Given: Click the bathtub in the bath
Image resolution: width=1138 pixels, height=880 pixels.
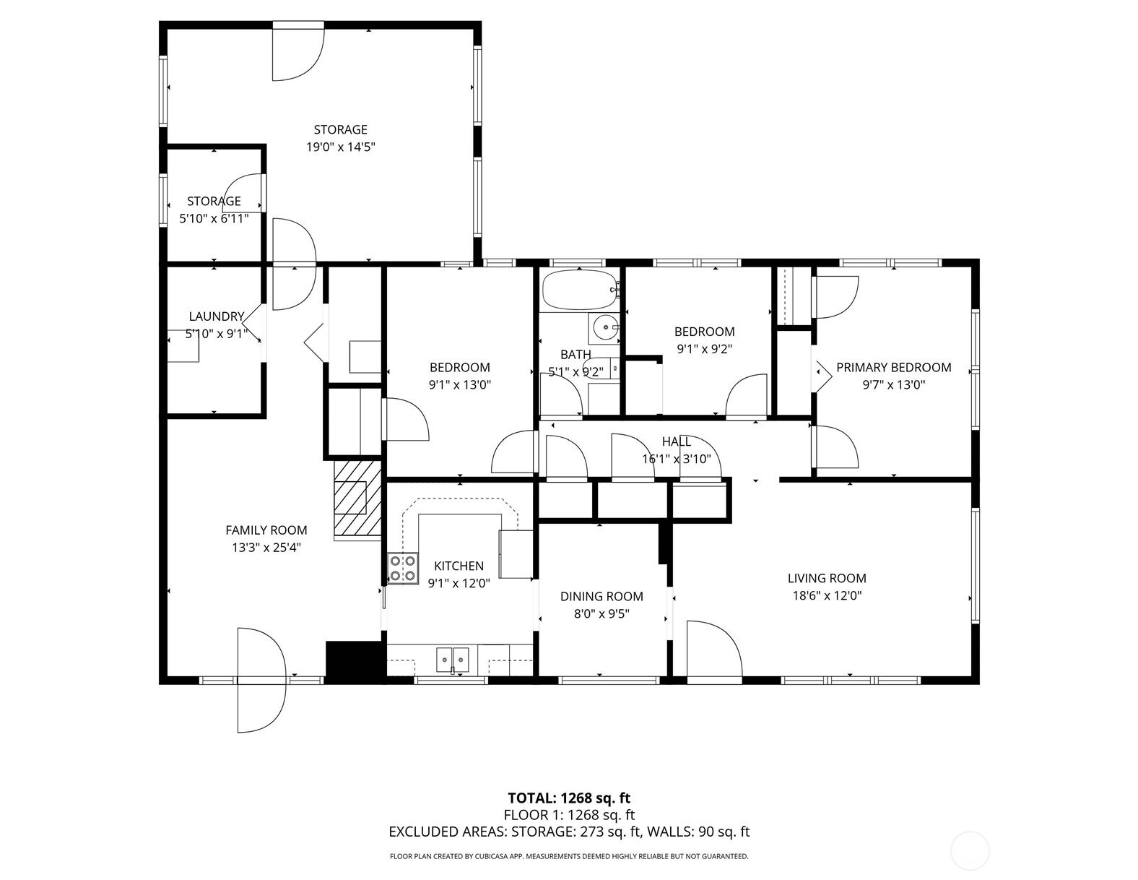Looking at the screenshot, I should tap(579, 289).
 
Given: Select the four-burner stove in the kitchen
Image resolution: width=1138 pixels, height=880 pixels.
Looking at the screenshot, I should tap(402, 567).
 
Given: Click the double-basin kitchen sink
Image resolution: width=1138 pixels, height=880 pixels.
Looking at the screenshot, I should tap(453, 660).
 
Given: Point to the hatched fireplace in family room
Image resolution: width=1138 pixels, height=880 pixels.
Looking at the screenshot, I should tap(357, 499).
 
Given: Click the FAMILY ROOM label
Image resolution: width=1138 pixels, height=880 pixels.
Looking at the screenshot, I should tap(266, 530).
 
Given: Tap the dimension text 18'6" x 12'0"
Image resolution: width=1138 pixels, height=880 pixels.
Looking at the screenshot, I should tap(826, 596).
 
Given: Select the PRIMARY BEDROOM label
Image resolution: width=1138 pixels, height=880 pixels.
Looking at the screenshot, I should tap(893, 367).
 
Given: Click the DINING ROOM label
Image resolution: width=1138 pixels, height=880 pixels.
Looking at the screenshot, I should tap(601, 596).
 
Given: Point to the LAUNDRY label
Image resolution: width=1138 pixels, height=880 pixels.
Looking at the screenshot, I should tap(216, 316).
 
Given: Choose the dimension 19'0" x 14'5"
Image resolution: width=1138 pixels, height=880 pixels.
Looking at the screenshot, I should tap(340, 147).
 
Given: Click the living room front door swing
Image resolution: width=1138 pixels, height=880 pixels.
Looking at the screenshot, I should tap(713, 650).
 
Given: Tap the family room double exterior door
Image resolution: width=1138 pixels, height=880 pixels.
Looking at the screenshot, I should tap(261, 679).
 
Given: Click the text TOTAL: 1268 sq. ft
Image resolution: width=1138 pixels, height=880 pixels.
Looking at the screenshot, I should tap(569, 798).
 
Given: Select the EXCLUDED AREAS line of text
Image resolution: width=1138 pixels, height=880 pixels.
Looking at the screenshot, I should tap(569, 832).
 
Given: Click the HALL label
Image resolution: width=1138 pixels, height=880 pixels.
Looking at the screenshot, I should tap(676, 441).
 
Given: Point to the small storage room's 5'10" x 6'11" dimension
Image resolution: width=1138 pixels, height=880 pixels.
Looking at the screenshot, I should tap(214, 218).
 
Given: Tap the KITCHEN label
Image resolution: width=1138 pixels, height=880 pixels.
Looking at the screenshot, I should tap(459, 566).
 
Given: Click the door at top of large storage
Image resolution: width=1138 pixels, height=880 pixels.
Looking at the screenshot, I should tap(297, 52).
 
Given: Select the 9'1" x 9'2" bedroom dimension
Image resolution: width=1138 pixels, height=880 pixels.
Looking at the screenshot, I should tap(704, 349).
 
